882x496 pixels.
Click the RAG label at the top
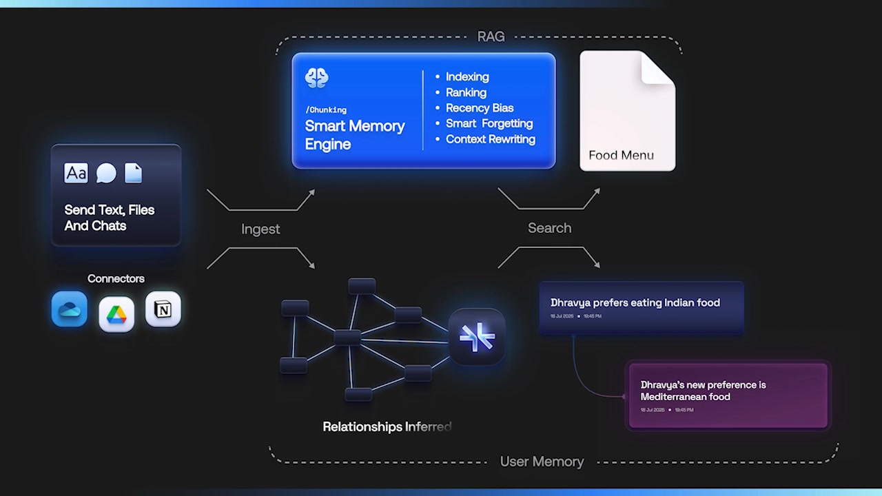(x=491, y=37)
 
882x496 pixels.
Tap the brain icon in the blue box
(x=317, y=78)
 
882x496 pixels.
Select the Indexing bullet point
(x=466, y=76)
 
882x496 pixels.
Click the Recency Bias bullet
(x=479, y=107)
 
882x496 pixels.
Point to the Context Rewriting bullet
(x=490, y=138)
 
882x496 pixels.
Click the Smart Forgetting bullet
(x=489, y=123)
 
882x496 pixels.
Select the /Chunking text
(x=326, y=110)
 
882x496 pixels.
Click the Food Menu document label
(x=621, y=155)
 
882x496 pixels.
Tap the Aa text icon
(x=76, y=173)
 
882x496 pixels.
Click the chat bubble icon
(x=106, y=173)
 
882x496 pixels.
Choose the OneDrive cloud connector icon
(x=70, y=309)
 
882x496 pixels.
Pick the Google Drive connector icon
(x=116, y=314)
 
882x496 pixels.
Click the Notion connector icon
(x=163, y=309)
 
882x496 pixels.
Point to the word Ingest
(x=260, y=229)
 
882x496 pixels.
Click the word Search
(x=549, y=228)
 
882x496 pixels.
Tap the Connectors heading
(x=116, y=278)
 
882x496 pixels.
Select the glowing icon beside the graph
(x=477, y=337)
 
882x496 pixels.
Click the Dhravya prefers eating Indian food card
(x=641, y=307)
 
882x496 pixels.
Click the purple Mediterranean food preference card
(x=728, y=395)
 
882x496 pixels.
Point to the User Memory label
(x=542, y=462)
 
